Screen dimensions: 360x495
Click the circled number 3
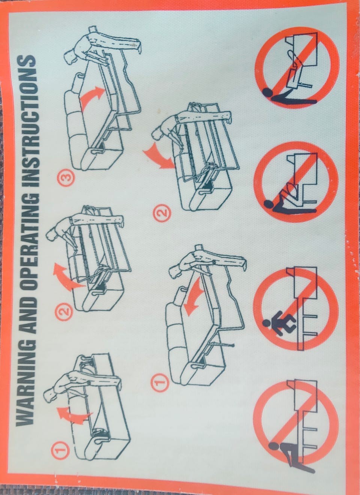point(66,178)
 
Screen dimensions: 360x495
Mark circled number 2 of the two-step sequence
point(162,213)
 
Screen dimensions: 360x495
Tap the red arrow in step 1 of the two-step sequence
point(195,297)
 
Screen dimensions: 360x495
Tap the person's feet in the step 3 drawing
point(136,46)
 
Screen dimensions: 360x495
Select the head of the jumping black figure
point(267,323)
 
